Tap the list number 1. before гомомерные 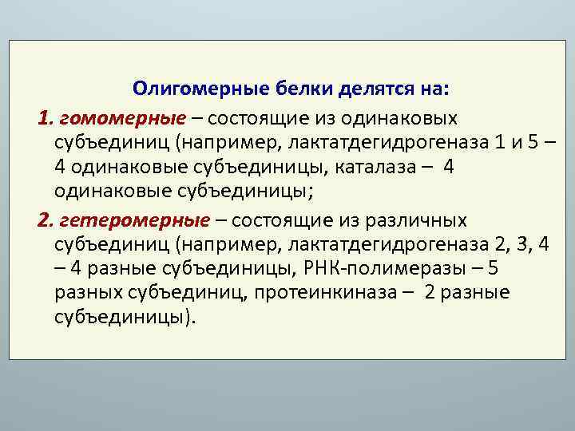pyautogui.click(x=44, y=118)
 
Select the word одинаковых pyautogui.click(x=398, y=118)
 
